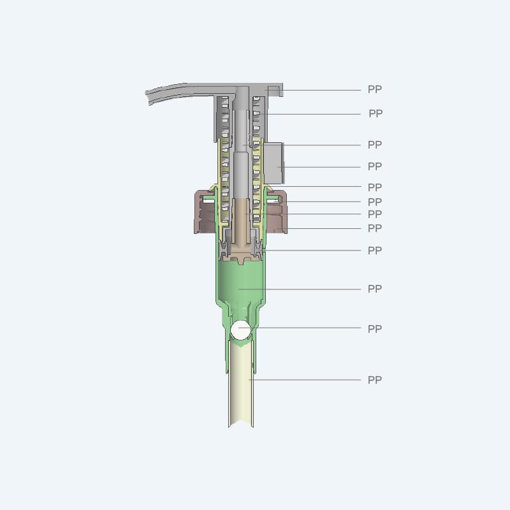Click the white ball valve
[241, 330]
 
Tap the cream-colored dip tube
[241, 384]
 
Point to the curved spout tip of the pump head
[148, 97]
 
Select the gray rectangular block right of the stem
[273, 163]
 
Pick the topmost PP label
[375, 89]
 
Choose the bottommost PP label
[375, 379]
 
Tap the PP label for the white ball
[375, 328]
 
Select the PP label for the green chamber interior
[375, 289]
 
